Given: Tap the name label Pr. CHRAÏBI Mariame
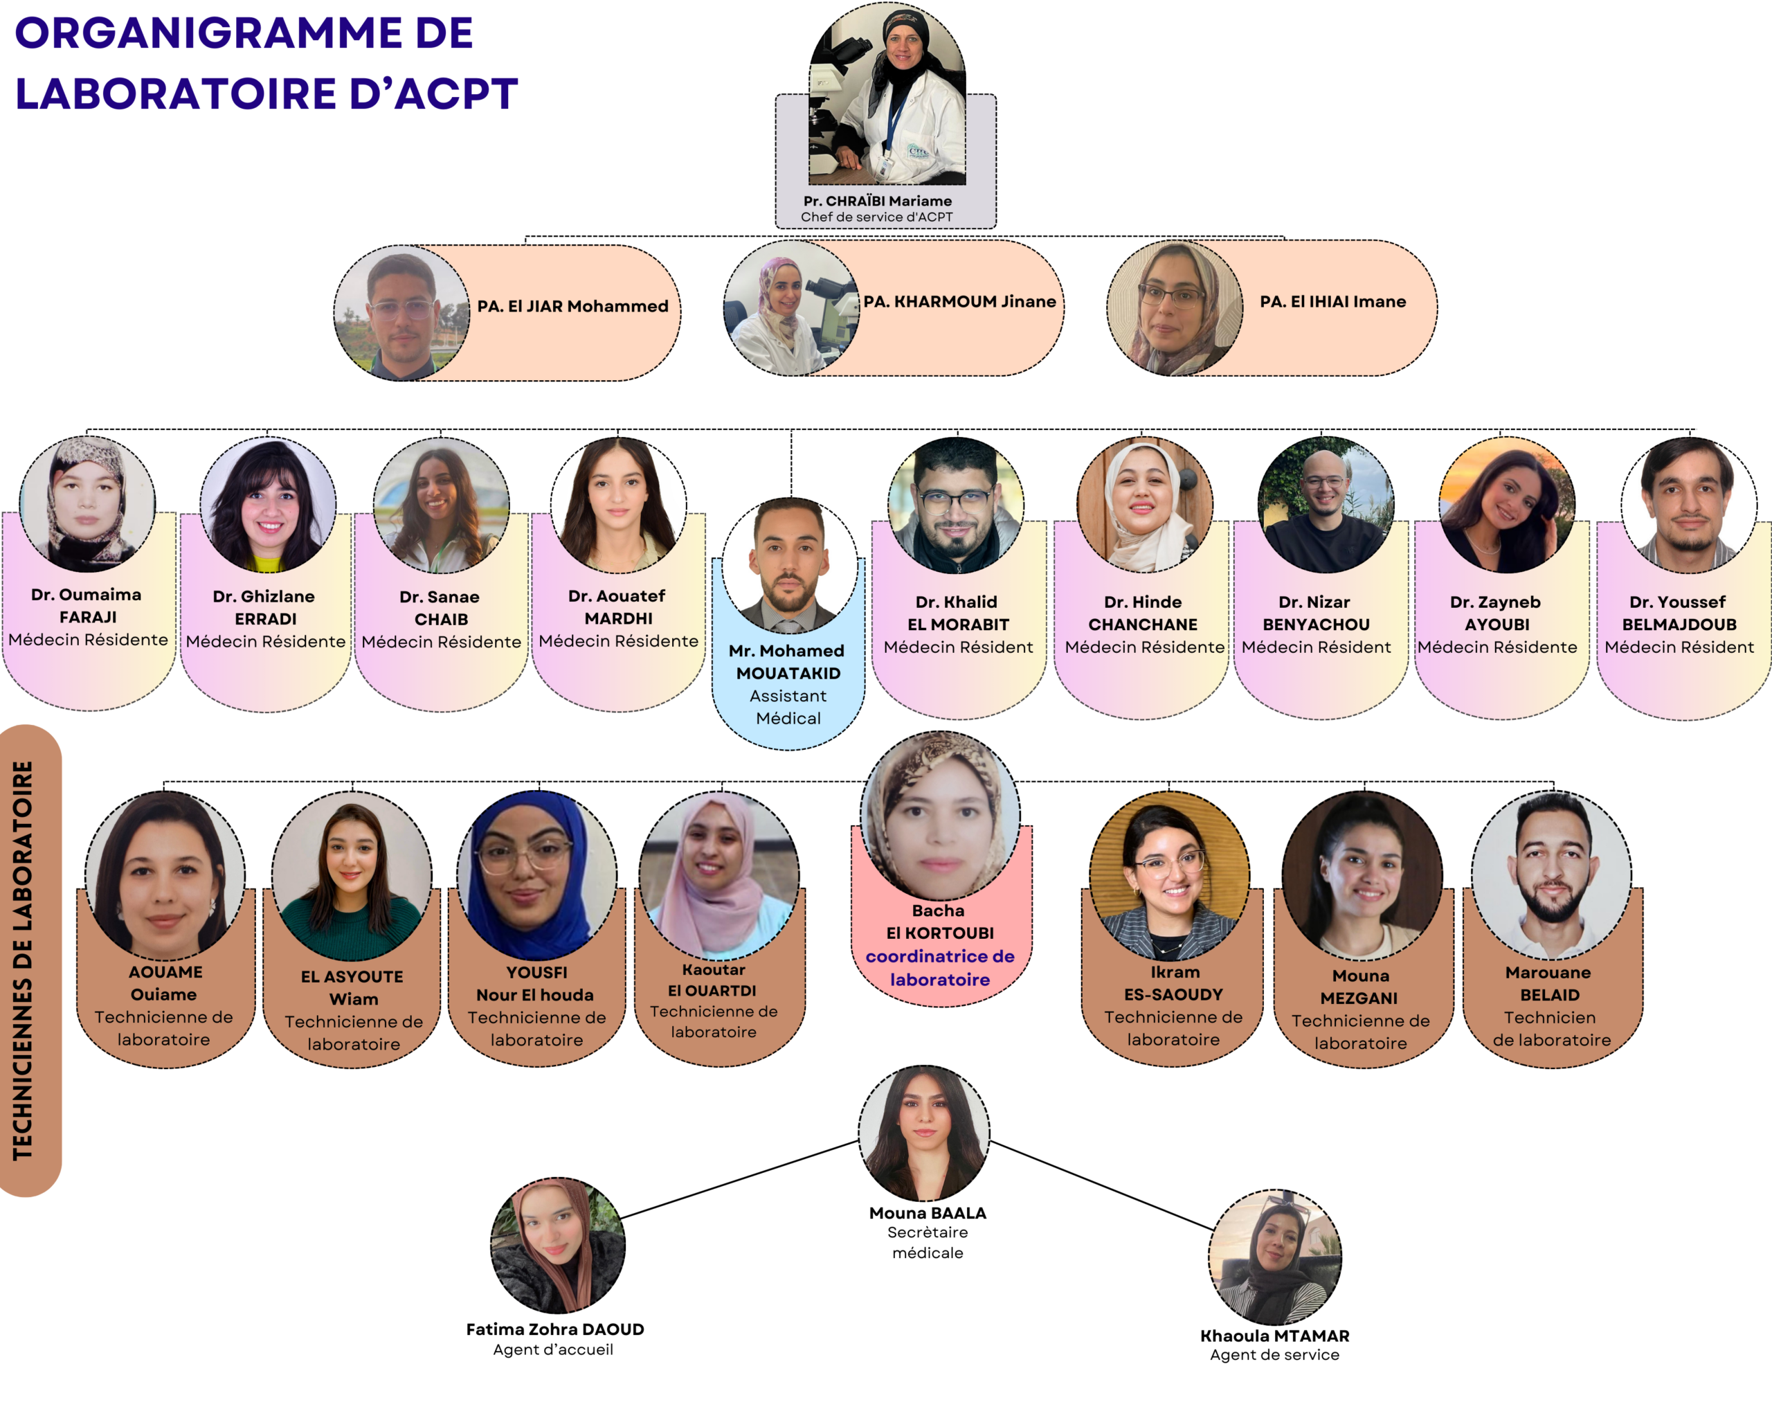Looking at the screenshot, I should [x=877, y=201].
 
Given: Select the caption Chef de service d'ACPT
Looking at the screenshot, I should [x=876, y=217].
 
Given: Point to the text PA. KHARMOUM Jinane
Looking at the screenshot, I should [x=959, y=302].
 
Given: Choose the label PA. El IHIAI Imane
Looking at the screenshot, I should [x=1332, y=302].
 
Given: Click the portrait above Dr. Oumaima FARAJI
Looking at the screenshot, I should [x=87, y=504].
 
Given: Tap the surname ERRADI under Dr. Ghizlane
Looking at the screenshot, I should [x=266, y=619].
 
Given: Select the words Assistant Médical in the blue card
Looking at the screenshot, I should [x=788, y=707].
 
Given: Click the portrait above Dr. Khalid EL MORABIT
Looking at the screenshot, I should [x=955, y=505].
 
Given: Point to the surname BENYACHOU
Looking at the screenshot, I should [x=1316, y=625].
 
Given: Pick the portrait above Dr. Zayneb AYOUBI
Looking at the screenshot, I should [x=1506, y=505].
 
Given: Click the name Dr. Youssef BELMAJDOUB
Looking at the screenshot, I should [x=1679, y=613].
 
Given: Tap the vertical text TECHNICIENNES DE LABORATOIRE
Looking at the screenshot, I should [x=24, y=960].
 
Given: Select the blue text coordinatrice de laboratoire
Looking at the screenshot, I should [x=939, y=967].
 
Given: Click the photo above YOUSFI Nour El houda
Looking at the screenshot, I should [x=536, y=873].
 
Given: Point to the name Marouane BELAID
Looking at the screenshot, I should [x=1548, y=983].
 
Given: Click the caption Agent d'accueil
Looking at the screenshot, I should [x=553, y=1349].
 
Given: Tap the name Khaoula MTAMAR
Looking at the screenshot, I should [x=1274, y=1336].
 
